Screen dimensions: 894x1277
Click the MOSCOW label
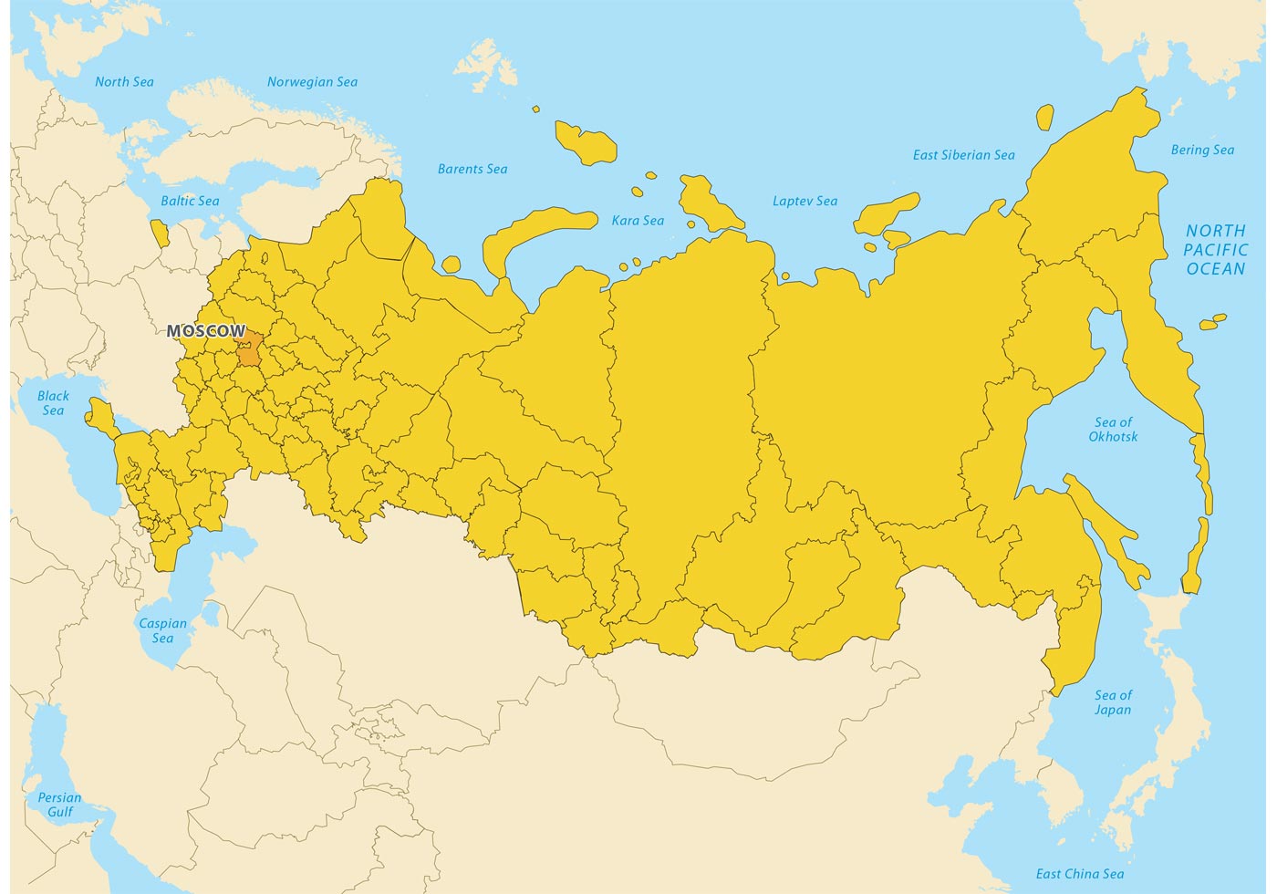tap(206, 330)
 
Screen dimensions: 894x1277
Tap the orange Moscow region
tap(249, 349)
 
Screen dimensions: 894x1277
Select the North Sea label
tap(124, 82)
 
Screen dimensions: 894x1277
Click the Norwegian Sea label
tap(312, 82)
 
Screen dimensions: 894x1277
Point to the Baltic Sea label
tap(190, 201)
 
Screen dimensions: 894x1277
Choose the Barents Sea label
tap(472, 169)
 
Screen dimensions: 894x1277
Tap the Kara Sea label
tap(638, 220)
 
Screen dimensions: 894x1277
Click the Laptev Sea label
tap(805, 201)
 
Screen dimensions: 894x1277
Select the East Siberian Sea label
tap(963, 155)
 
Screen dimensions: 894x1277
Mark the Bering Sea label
tap(1202, 150)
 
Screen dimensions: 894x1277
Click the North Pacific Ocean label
tap(1215, 249)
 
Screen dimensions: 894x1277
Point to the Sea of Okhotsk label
tap(1113, 429)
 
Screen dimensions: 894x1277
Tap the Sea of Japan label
tap(1113, 702)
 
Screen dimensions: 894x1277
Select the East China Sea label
tap(1080, 874)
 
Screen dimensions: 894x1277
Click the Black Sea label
tap(53, 403)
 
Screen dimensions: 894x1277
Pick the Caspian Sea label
tap(162, 630)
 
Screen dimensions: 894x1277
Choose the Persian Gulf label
tap(59, 805)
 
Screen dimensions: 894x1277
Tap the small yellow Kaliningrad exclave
tap(160, 234)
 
